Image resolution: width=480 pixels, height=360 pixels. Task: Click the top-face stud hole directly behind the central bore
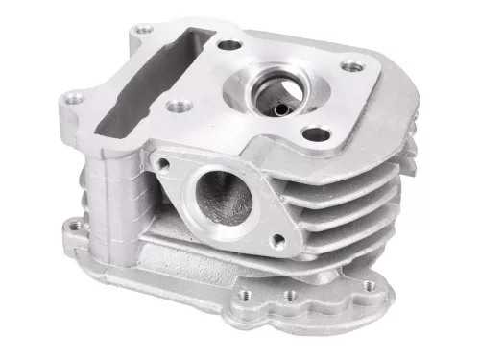(x=228, y=43)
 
